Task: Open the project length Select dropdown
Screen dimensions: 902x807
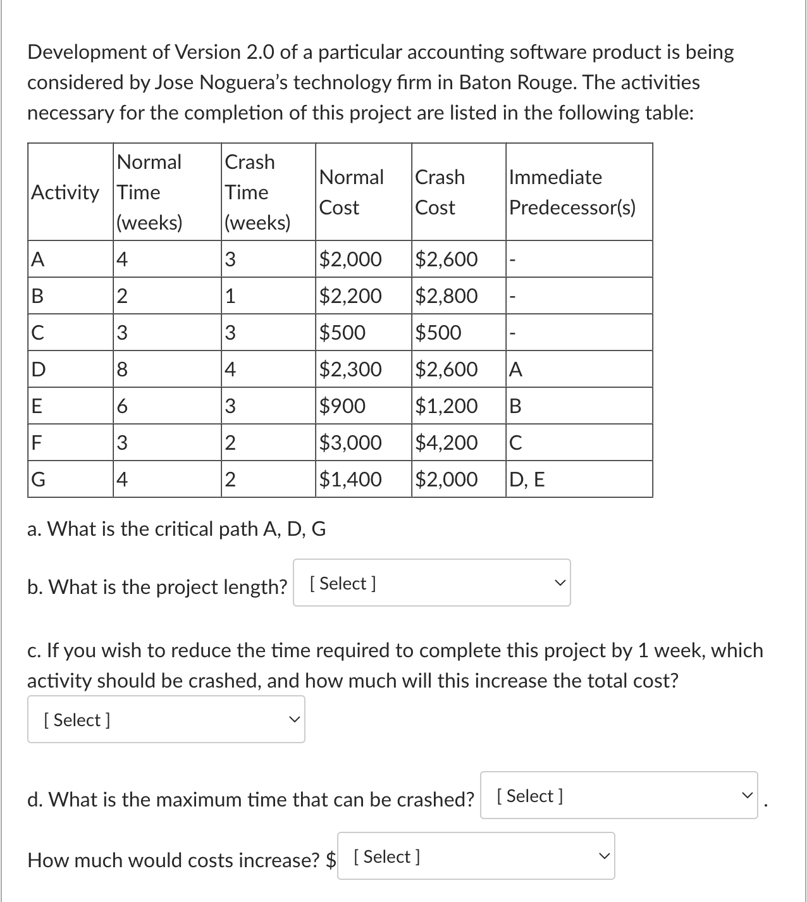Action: coord(431,583)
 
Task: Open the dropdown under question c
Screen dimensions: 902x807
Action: coord(166,719)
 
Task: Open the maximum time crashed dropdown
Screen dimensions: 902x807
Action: coord(619,795)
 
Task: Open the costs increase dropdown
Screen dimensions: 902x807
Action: coord(476,856)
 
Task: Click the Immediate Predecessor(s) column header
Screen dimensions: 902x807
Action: coord(572,192)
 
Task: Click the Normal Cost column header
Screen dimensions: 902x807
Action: coord(352,192)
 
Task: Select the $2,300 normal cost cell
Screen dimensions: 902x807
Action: coord(350,369)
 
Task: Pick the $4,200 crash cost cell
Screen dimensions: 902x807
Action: coord(447,442)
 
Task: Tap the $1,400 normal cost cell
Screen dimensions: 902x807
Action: coord(350,479)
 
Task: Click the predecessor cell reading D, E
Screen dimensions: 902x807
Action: coord(527,479)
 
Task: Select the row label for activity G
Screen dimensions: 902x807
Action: coord(39,479)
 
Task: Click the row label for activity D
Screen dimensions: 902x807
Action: coord(39,369)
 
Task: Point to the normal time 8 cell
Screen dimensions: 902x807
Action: coord(123,369)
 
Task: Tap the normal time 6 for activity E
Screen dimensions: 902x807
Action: coord(123,405)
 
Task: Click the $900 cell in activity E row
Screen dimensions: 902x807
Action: coord(342,405)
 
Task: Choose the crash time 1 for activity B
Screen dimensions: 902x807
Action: coord(230,295)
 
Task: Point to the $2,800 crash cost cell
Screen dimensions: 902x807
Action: coord(447,295)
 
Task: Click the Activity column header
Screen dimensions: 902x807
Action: coord(66,192)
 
